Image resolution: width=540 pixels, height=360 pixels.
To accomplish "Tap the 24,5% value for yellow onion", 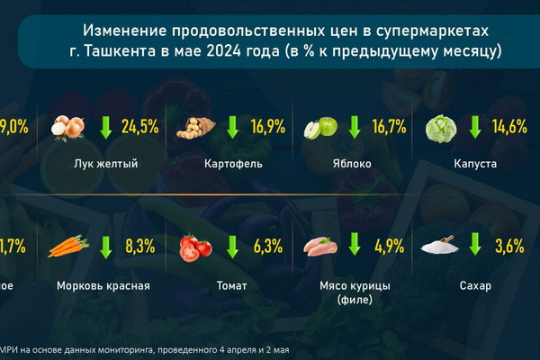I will tap(138, 127).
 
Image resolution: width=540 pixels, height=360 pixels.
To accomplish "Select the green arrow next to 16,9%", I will tap(232, 127).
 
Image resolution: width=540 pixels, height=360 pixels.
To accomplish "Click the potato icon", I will tap(194, 128).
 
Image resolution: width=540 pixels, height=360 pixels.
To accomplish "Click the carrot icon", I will tap(67, 247).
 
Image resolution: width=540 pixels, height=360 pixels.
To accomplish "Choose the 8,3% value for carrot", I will tap(140, 246).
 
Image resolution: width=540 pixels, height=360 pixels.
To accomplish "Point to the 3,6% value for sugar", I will tap(511, 246).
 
